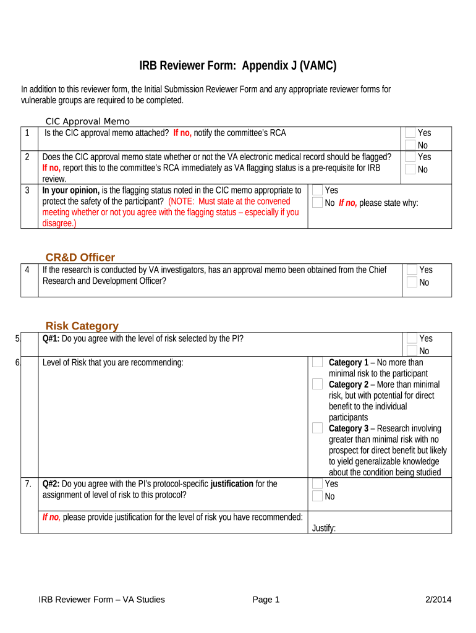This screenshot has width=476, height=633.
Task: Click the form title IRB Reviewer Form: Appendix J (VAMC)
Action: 237,66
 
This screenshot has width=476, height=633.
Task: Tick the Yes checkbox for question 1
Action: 410,133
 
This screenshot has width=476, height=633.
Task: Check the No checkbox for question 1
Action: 410,145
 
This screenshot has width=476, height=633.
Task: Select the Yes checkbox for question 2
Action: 410,157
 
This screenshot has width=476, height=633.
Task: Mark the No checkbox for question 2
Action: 410,169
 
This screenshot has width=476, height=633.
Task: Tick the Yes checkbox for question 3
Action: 318,190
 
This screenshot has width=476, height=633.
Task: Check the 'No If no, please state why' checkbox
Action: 318,203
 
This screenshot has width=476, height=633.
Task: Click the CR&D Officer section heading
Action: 80,257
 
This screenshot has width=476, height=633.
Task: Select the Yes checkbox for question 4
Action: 412,270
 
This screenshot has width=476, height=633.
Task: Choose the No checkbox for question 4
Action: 412,283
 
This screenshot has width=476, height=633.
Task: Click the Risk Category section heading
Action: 82,326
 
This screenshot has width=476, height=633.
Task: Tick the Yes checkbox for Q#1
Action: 412,339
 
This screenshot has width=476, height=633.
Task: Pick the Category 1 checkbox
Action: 317,363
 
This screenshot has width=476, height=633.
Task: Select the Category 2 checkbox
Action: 317,384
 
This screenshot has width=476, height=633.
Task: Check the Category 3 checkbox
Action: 317,428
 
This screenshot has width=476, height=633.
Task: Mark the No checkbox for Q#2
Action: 317,496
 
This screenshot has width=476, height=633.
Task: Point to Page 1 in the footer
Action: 266,599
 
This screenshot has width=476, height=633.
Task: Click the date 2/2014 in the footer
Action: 439,599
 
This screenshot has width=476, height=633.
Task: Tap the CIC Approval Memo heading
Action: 88,121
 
